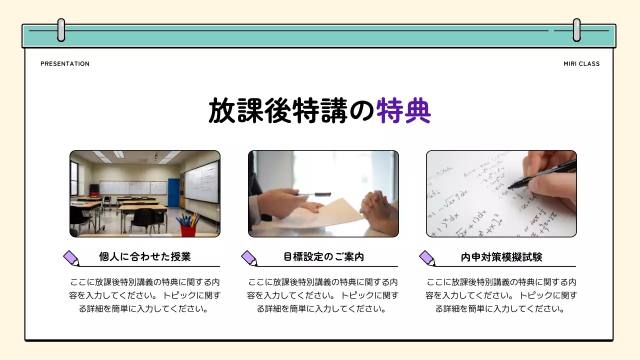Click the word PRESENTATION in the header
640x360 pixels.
tap(65, 64)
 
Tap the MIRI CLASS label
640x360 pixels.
tap(581, 64)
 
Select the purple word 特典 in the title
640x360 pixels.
tap(403, 110)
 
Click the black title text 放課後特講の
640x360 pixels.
tap(291, 110)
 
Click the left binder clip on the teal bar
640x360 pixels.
tap(61, 30)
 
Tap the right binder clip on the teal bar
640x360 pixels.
tap(576, 30)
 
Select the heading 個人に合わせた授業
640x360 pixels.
tap(145, 257)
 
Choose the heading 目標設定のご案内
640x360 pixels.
tap(323, 257)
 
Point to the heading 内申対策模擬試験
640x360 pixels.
tap(501, 257)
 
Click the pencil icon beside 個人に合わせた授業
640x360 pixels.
tap(71, 258)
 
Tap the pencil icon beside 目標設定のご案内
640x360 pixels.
tap(249, 258)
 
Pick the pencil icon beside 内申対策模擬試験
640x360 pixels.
tap(427, 258)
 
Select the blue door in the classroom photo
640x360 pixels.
tap(173, 192)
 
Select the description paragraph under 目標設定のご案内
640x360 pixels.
tap(323, 295)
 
